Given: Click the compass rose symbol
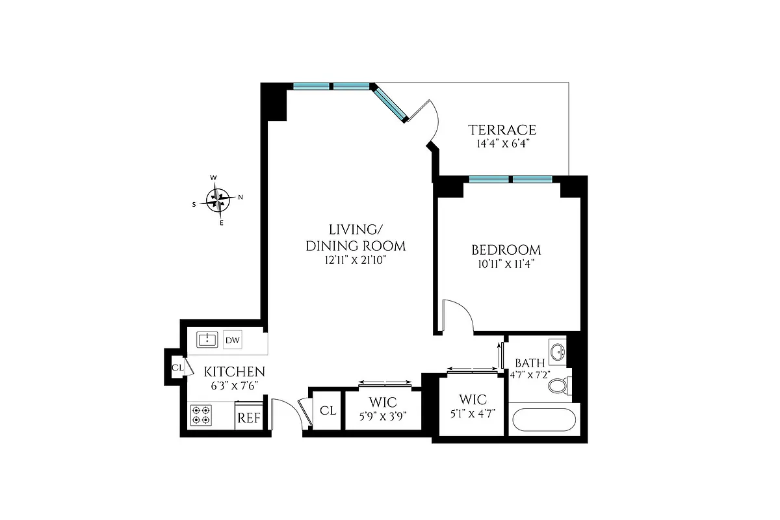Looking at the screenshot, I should pos(219,199).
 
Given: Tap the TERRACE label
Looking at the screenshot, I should pos(504,129).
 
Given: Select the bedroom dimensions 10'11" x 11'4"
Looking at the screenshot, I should pos(506,264).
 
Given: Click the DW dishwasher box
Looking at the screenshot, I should pos(232,340).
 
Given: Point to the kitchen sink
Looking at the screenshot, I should pos(207,339).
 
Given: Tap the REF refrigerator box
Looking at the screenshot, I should pos(248,418).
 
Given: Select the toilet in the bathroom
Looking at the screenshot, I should pos(558,386).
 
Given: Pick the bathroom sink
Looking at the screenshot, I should pos(557,352).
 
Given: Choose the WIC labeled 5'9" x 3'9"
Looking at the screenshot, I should pos(383,408).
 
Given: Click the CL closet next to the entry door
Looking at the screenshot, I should pos(328,410).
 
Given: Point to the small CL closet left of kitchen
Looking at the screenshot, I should pos(177,367).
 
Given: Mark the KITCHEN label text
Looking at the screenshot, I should pos(235,372).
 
